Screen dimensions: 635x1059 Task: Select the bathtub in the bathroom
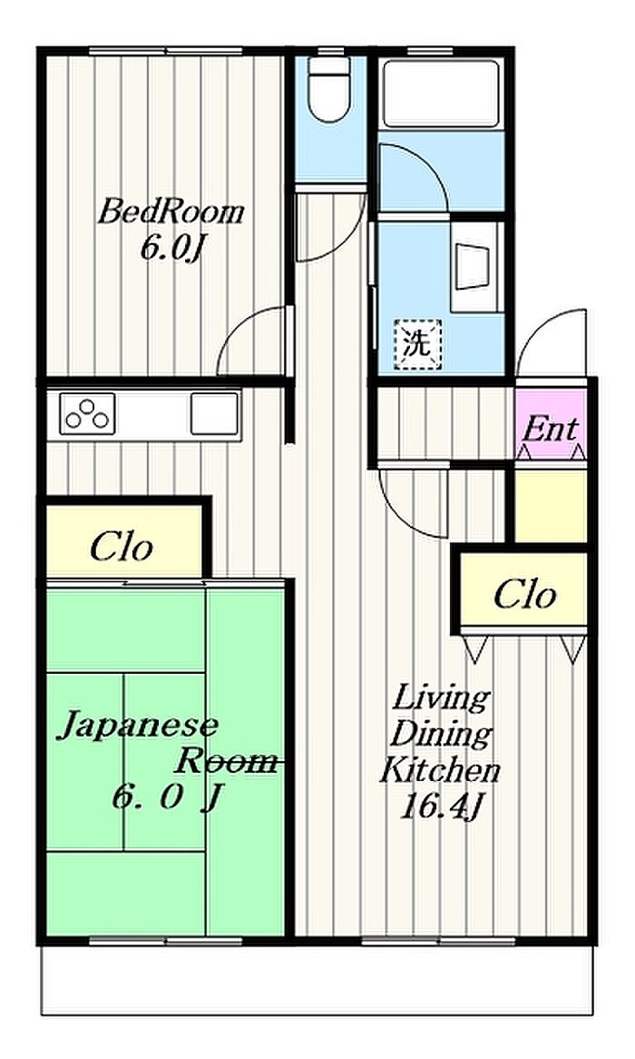tap(441, 94)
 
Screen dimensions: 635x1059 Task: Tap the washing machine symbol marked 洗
tap(417, 344)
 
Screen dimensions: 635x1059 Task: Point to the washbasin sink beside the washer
tap(475, 267)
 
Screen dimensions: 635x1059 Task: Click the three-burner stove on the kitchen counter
tap(87, 413)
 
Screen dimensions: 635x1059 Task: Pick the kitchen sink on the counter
tap(214, 413)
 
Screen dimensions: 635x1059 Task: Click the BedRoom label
tap(170, 213)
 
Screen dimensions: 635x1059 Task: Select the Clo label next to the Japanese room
tap(122, 547)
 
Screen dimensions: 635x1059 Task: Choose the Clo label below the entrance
tap(524, 594)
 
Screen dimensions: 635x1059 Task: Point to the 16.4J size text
tap(442, 807)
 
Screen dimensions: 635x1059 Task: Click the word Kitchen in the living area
tap(439, 770)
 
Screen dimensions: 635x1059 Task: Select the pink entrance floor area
tap(551, 424)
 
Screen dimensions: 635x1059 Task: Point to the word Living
tap(441, 700)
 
